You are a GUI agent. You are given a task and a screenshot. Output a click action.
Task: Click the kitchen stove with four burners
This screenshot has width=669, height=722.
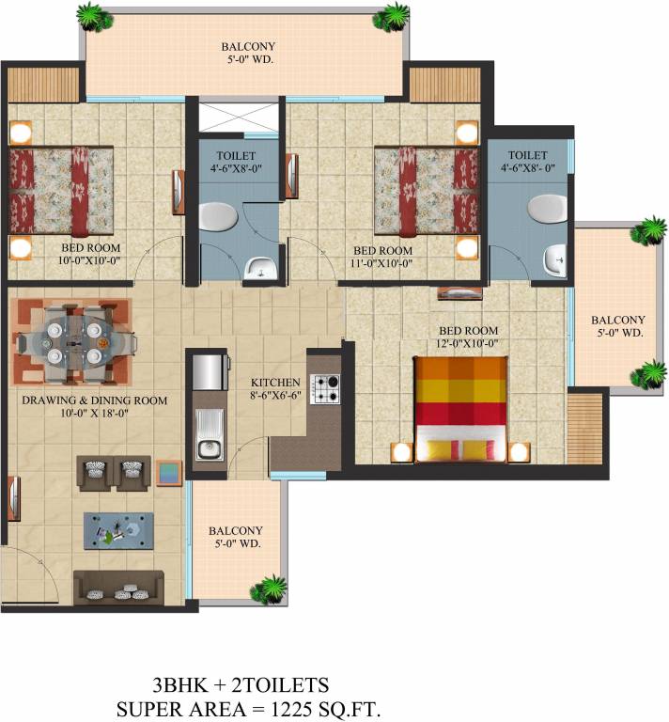325,389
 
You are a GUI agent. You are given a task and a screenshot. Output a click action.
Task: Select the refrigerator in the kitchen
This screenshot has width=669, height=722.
210,371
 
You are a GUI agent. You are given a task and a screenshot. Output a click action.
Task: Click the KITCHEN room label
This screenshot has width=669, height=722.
275,383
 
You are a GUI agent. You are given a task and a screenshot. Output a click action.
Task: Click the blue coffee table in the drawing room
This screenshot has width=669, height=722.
118,530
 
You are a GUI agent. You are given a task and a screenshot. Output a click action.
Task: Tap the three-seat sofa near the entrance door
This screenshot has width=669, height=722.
118,587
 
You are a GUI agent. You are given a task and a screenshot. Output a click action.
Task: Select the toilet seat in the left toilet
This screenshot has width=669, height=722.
218,216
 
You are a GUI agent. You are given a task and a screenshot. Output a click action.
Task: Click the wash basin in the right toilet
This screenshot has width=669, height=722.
555,260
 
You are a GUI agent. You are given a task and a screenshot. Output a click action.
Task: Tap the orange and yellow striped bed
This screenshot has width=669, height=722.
461,409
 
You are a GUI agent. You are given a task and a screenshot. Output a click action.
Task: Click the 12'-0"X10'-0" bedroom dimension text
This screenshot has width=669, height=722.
468,343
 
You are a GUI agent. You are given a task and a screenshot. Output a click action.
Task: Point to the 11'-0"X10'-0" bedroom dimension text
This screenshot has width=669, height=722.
381,263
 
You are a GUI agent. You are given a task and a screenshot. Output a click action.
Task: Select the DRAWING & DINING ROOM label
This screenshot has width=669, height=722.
94,400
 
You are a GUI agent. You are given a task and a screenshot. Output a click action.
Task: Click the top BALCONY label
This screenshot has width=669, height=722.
248,46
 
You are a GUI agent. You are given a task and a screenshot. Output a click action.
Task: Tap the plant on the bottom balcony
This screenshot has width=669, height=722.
269,589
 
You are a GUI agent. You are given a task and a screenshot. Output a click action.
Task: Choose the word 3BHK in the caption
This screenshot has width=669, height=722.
179,685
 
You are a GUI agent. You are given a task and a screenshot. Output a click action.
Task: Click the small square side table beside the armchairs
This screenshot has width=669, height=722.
169,473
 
